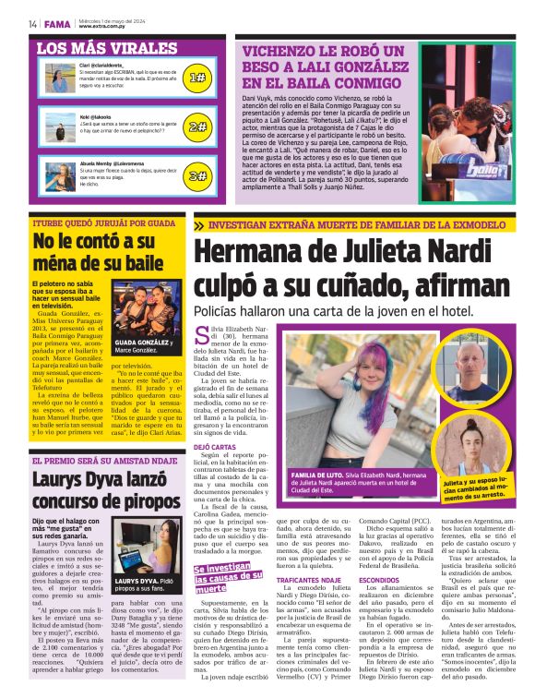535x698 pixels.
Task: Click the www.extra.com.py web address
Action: (x=99, y=27)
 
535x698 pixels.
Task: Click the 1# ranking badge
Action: (x=197, y=78)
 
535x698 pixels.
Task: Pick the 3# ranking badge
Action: (x=197, y=174)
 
